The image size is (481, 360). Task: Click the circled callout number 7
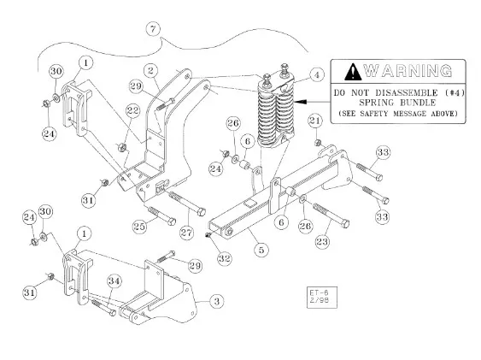point(153,29)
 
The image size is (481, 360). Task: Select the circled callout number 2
point(150,71)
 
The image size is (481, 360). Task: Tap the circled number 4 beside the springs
point(317,74)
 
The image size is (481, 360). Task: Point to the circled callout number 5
point(261,250)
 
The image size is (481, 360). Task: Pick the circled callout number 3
point(216,301)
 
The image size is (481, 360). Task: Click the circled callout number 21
point(315,121)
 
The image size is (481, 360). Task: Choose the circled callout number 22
point(133,110)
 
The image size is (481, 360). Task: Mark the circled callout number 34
point(114,281)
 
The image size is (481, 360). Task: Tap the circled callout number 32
point(225,258)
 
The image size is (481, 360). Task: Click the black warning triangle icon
point(353,72)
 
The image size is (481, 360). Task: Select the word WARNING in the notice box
point(408,71)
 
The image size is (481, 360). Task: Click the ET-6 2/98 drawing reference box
point(322,297)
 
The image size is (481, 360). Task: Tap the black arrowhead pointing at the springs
point(299,101)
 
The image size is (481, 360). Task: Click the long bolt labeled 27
point(187,203)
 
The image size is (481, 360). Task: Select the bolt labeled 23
point(331,215)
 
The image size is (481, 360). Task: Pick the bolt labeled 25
point(161,216)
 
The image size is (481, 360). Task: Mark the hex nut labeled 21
point(318,143)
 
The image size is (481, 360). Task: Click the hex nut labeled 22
point(122,147)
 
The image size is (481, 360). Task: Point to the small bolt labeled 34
point(103,308)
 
